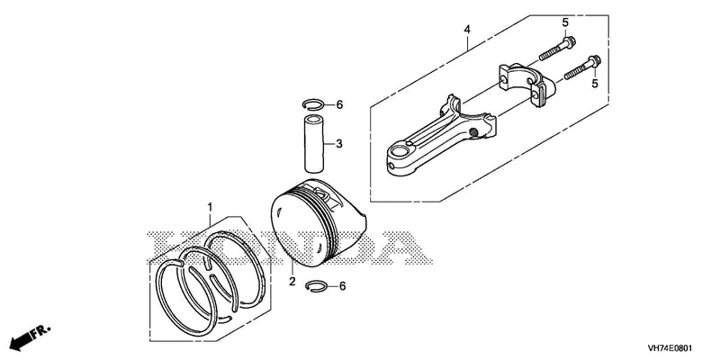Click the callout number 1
[x=210, y=207]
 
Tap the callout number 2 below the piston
[x=292, y=282]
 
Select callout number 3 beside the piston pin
[x=339, y=144]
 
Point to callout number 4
[x=467, y=30]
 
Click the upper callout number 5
[x=565, y=22]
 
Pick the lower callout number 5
[x=595, y=84]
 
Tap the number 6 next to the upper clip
[x=339, y=105]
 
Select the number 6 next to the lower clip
[x=342, y=286]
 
